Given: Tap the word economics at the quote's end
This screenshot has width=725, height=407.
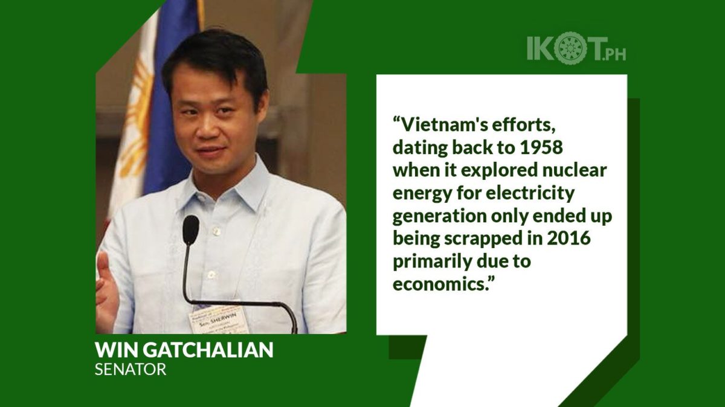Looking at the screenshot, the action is coord(440,284).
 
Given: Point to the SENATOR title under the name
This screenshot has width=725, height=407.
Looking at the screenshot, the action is coord(130,370).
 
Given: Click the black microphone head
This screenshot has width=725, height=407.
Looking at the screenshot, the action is coord(191,229).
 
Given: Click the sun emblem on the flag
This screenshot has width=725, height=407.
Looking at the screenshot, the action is coord(138,107).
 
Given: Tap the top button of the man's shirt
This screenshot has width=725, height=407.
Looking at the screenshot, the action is coord(214,230).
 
